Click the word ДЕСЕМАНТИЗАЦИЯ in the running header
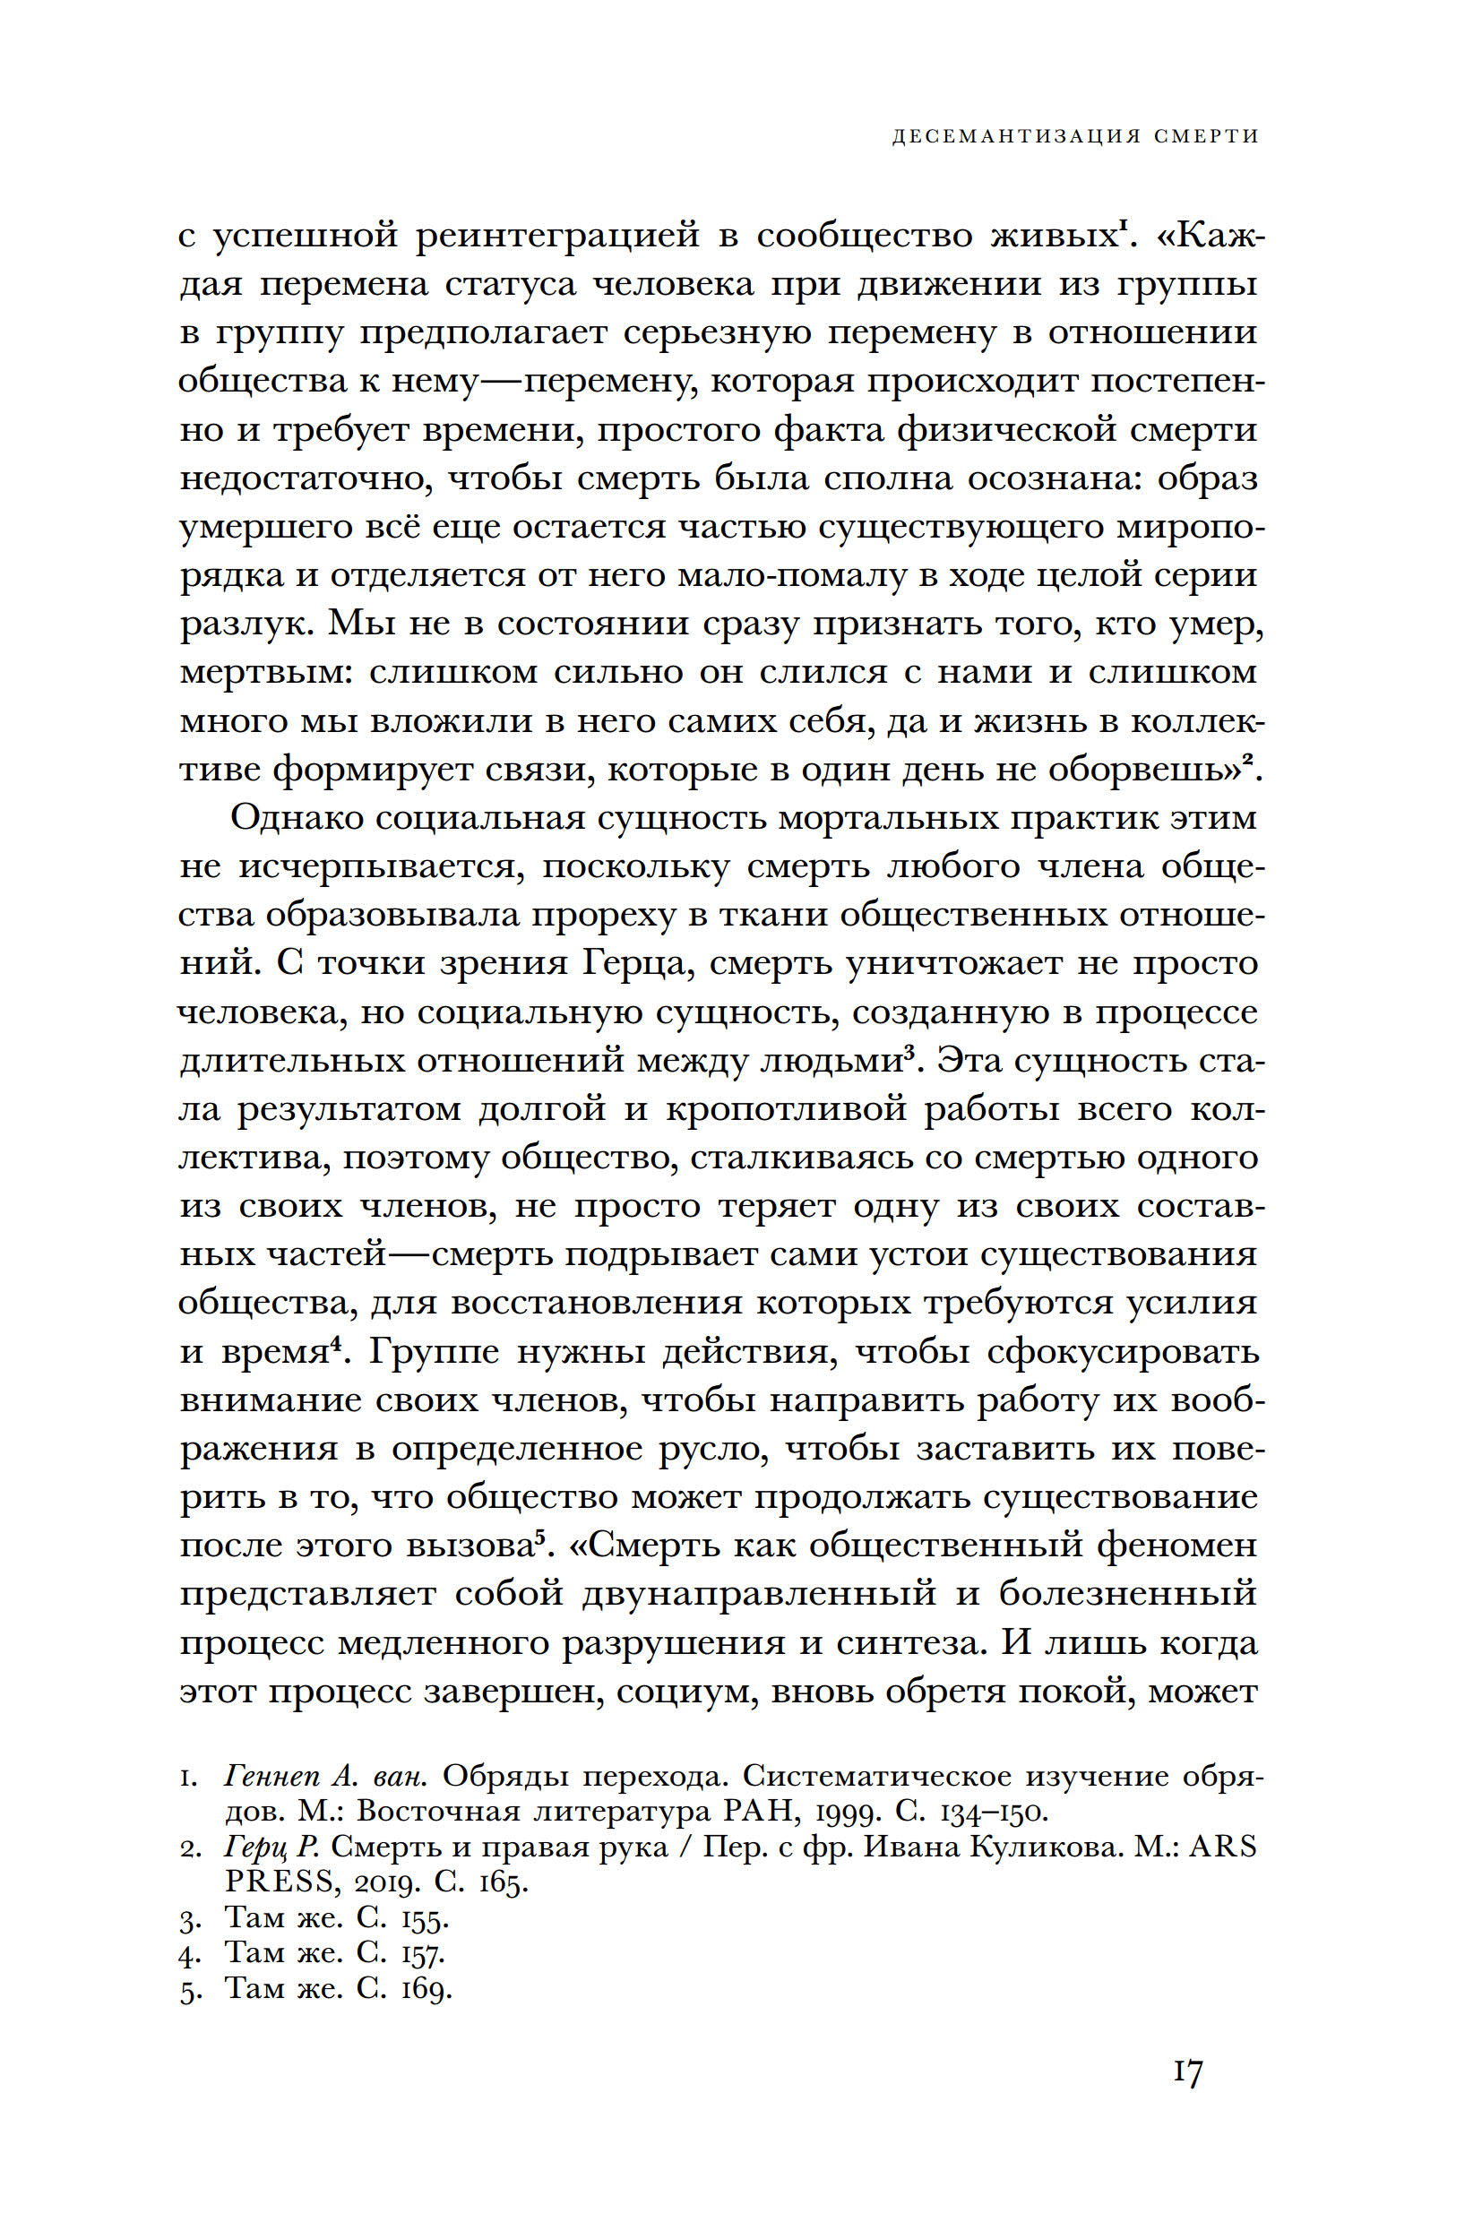(x=1016, y=136)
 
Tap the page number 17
(x=1188, y=2071)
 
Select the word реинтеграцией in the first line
(x=557, y=235)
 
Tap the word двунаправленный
(x=759, y=1594)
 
